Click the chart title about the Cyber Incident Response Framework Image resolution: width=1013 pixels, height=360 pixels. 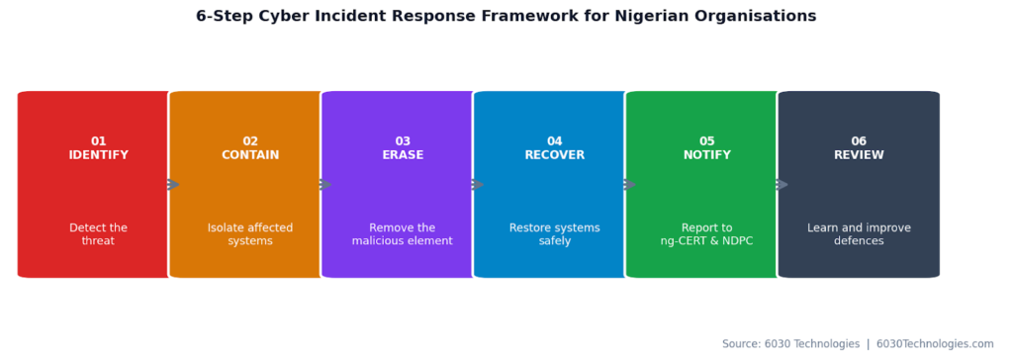click(506, 16)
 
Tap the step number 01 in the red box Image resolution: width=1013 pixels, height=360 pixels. click(98, 141)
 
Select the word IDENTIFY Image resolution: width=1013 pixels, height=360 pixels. click(98, 155)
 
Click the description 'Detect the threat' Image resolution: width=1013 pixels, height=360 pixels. click(98, 234)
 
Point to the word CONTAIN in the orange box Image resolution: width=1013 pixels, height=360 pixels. click(250, 155)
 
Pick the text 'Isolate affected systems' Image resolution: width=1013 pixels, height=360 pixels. click(250, 234)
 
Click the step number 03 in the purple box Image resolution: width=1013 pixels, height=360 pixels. click(403, 141)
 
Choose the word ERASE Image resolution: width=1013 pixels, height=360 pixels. click(403, 155)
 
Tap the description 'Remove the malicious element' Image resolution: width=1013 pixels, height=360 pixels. click(403, 234)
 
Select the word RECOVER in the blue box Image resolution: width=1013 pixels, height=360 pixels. click(554, 155)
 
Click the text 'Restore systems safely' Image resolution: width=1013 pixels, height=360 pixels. click(554, 234)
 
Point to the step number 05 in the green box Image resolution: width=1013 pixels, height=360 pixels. click(706, 141)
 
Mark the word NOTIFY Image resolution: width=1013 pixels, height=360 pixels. click(706, 155)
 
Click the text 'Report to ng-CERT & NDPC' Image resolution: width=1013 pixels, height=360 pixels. click(706, 234)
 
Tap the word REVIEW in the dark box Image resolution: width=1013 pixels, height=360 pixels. click(859, 155)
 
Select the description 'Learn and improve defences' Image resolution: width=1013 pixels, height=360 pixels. click(859, 234)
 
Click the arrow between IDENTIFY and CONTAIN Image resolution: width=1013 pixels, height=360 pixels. click(173, 185)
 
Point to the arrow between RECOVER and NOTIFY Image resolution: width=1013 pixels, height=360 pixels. click(629, 185)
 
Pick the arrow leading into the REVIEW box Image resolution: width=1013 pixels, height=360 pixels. click(782, 185)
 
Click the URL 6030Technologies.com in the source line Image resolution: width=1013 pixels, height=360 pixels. click(935, 344)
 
